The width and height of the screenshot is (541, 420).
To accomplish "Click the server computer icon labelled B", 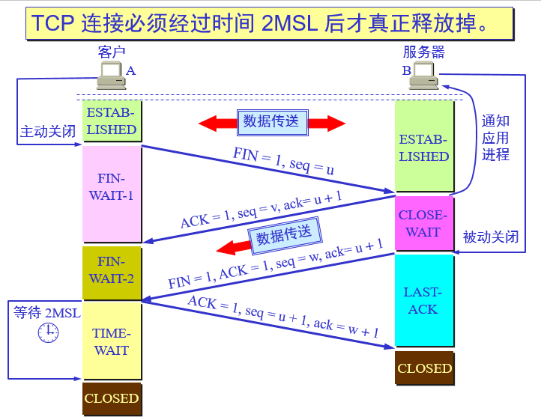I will (423, 75).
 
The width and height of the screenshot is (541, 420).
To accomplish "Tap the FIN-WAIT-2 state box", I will (112, 270).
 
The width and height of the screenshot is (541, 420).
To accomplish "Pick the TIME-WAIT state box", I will (112, 341).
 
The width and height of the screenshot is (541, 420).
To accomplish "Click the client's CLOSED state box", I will (112, 398).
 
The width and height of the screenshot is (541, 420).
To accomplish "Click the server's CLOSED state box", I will (424, 368).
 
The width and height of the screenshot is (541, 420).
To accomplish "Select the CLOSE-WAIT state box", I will (423, 223).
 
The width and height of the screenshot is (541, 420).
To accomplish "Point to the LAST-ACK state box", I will (424, 300).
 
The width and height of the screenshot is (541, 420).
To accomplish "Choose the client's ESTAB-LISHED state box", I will (112, 121).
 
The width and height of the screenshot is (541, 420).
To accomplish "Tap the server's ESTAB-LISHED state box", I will (424, 148).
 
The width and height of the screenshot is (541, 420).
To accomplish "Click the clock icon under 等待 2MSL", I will (48, 332).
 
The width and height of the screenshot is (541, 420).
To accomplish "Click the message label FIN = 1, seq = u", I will (283, 162).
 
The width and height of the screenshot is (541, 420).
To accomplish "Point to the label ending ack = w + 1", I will (283, 317).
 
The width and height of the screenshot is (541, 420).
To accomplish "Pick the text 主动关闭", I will (47, 133).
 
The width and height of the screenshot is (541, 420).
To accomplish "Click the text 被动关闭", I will (491, 237).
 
